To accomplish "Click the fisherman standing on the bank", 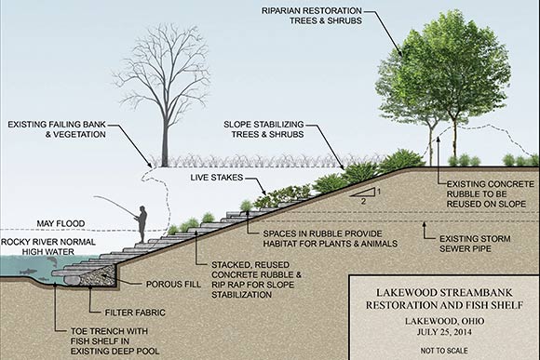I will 142,222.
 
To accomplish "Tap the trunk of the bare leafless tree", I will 163,140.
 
